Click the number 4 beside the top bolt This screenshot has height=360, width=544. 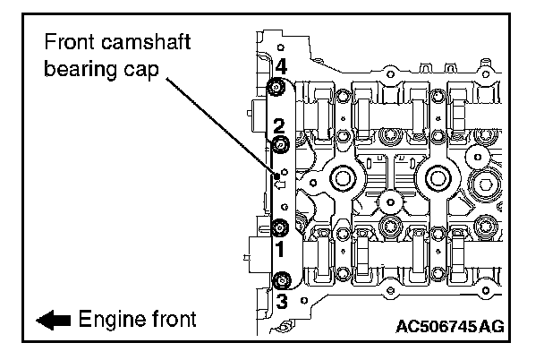pos(281,65)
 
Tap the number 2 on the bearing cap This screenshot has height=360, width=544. pos(279,125)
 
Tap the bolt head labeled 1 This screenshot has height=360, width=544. pos(279,226)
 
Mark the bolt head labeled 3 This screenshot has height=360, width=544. pos(279,280)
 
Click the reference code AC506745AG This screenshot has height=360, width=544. pos(451,326)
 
